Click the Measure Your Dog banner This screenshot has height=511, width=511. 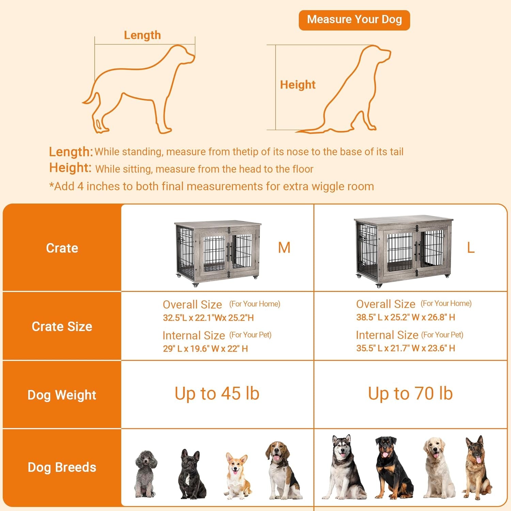354,20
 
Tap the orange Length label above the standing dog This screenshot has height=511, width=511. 142,35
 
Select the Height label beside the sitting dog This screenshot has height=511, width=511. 297,84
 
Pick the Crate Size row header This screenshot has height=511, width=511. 62,326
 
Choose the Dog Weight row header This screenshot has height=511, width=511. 62,395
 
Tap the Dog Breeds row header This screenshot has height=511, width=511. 62,467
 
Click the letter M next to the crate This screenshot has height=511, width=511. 284,248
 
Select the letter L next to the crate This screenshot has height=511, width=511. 470,248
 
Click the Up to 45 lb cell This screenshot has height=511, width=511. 217,393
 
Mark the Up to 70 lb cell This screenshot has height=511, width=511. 410,393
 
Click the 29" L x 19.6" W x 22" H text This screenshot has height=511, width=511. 205,349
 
